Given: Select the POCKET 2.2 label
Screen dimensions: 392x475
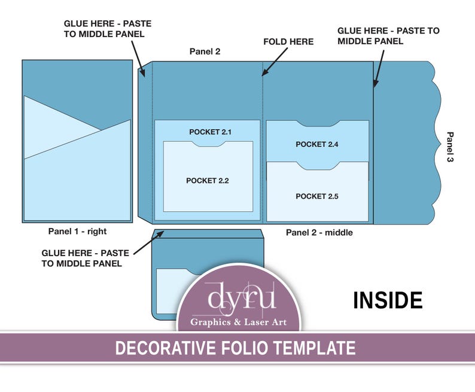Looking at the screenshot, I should pos(207,181).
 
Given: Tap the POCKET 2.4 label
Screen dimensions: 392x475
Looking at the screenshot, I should pos(317,144).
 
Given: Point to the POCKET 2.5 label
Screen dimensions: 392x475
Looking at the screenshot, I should pos(317,196).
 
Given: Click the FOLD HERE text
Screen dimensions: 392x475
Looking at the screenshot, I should pos(288,42).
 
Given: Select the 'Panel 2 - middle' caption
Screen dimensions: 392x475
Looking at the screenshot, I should pos(319,232).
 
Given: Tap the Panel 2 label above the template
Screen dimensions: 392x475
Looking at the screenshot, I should pos(205,51).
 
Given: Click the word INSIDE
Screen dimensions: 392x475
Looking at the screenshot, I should pos(388,300).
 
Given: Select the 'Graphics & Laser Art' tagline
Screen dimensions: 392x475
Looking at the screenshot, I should pos(238,323).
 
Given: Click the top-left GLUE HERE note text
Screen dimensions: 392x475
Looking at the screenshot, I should pos(108,29).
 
